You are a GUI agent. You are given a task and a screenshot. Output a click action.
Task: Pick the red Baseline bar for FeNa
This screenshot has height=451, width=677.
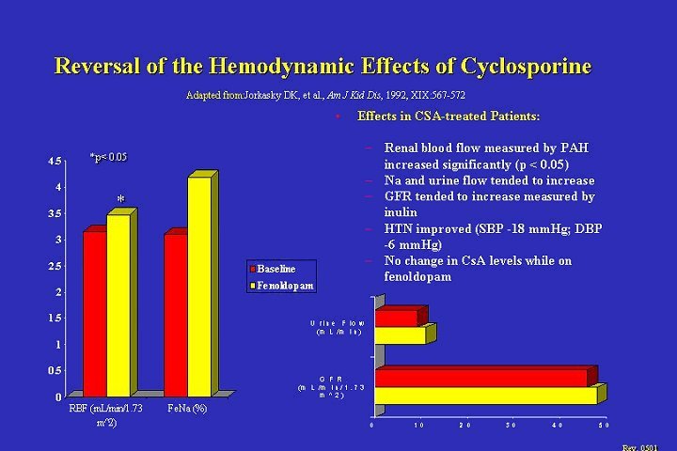174,314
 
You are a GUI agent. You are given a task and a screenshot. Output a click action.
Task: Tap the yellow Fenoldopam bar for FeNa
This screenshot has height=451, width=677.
198,286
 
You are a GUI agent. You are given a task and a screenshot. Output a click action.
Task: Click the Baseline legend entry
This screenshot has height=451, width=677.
276,269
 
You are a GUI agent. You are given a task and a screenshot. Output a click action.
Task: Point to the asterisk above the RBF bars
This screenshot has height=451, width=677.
120,199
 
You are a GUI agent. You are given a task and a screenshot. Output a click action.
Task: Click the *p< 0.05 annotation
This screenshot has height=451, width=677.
107,157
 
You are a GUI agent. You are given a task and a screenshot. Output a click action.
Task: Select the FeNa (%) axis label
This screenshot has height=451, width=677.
187,409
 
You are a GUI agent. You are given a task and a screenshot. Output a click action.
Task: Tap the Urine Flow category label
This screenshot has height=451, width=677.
338,328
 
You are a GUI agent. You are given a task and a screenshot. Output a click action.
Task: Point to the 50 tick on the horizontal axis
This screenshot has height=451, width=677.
602,427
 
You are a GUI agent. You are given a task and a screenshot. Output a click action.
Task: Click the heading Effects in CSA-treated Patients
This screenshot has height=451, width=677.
449,117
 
